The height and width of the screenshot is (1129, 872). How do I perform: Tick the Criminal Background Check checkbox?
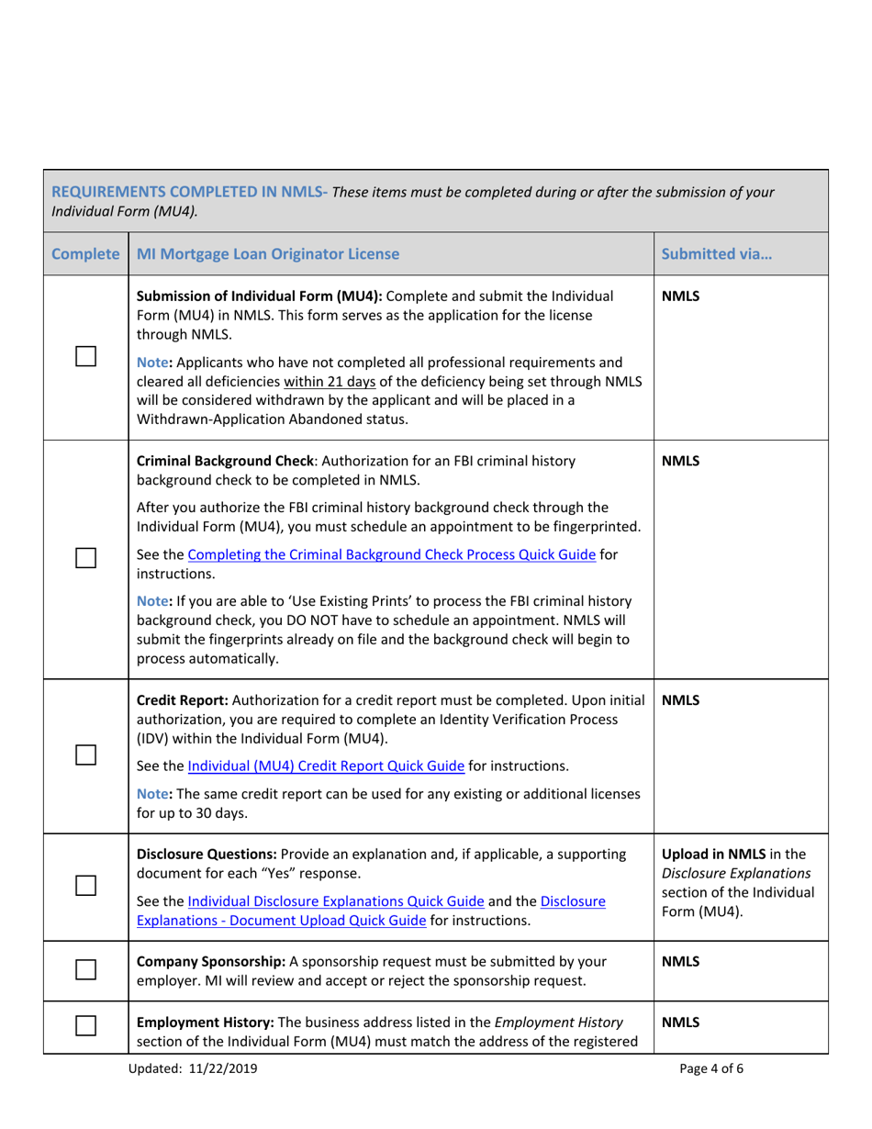87,557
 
